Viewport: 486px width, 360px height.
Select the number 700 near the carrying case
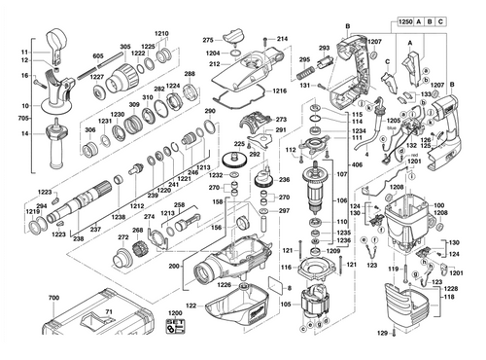53,295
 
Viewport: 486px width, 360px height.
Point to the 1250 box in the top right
411,20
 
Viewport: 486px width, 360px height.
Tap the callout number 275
207,40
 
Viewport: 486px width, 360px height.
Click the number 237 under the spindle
95,230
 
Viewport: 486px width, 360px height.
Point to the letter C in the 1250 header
469,20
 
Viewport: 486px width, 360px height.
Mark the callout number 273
282,120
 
